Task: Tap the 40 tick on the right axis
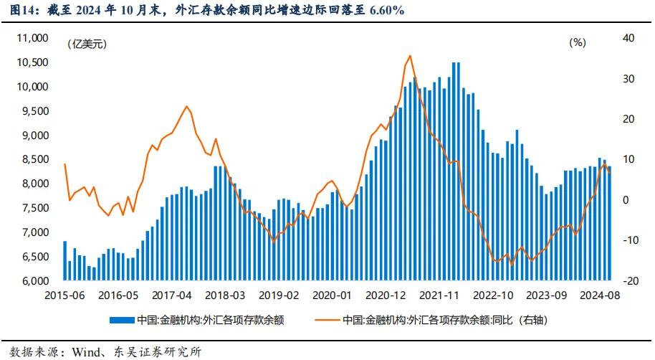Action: [629, 38]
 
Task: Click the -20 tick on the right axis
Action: [628, 281]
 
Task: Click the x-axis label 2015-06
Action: [64, 295]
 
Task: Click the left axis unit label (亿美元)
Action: [86, 44]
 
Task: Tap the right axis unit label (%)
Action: [578, 42]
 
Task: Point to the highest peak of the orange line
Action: [409, 56]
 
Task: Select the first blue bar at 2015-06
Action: [64, 261]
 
